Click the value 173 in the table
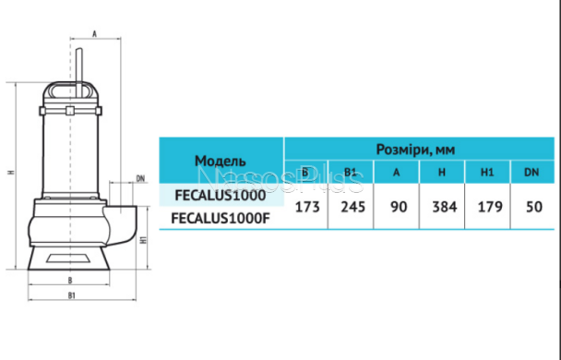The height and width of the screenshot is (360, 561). pos(307,207)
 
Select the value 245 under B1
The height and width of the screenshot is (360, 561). pos(352,207)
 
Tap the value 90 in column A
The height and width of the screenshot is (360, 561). pos(399,207)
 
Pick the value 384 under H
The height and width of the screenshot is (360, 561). pos(445,207)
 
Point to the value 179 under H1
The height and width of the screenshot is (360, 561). pos(490,207)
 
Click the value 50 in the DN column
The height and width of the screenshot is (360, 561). pos(534,207)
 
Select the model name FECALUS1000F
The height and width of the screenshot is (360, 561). pos(221,218)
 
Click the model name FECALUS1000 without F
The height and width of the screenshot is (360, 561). pos(221,196)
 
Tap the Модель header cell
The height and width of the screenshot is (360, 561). pos(221,161)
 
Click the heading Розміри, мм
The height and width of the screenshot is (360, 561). pos(415,150)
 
